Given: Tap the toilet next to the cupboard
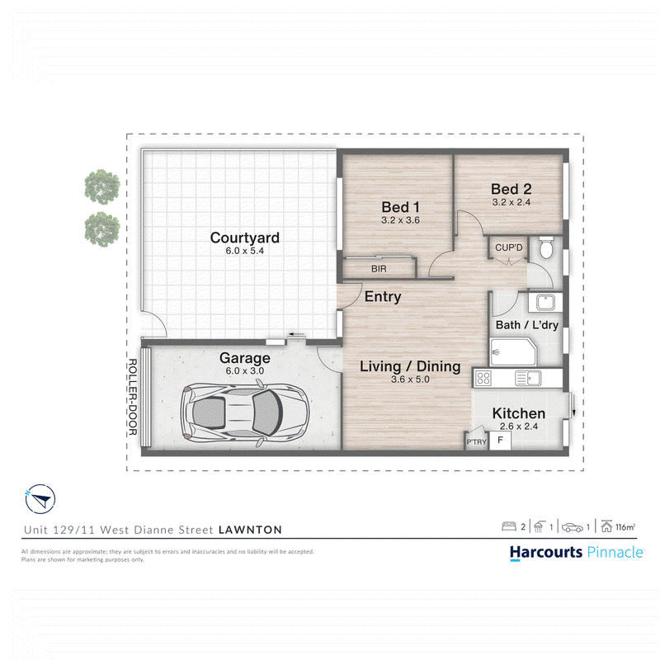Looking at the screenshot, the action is coord(546,247).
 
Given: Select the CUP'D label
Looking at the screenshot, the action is coord(508,247).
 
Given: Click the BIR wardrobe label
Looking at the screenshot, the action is coord(379,269).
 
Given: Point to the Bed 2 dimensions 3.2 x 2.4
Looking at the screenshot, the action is coord(511,202).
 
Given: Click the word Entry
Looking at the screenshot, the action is coord(383,297).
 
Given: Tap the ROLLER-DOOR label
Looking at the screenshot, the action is coord(132,397).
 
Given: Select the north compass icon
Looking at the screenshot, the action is coord(40,499).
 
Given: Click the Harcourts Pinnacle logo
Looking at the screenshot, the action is coord(576,552).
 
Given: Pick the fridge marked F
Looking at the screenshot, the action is coord(500,441).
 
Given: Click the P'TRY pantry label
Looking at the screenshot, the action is coord(476,442).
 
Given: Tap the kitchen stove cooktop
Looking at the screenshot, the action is coord(483,379).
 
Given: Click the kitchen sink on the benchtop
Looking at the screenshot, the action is coord(528,379).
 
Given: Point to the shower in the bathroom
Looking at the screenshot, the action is coord(513,351).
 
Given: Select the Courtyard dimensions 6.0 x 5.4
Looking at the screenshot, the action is coord(244,251).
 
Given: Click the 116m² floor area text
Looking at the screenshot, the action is coord(625,527).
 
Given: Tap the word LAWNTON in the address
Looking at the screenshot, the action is coord(250,530).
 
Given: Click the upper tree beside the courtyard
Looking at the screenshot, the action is coord(102,186).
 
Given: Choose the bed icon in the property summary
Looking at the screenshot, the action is coord(509,526).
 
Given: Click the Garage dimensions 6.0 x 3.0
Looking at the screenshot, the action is coord(244,370).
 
